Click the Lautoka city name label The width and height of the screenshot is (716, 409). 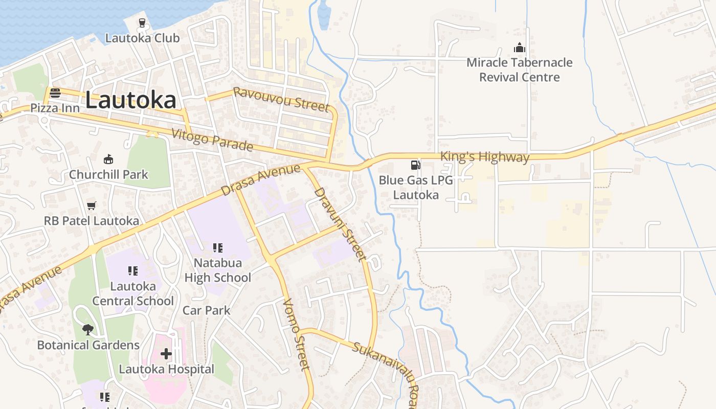point(130,100)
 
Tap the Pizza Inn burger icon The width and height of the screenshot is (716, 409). point(55,93)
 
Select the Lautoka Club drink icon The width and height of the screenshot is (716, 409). point(142,23)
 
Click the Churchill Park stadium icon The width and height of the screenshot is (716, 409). point(108,159)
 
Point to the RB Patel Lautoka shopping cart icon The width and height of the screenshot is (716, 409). point(92,206)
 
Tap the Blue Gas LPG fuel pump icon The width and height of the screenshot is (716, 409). point(416,165)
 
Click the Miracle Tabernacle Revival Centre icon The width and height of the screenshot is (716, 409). point(520,48)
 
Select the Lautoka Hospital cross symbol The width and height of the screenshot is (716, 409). point(166,353)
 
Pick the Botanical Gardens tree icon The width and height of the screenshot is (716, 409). point(88,329)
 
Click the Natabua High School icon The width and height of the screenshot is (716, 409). point(218,248)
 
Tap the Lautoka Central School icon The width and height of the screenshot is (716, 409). point(133,271)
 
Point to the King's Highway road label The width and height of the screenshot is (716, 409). point(484,156)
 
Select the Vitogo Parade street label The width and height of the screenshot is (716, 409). point(212,140)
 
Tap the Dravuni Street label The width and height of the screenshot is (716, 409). point(340,224)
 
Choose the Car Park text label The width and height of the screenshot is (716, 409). point(207,310)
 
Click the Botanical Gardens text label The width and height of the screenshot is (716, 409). point(88,345)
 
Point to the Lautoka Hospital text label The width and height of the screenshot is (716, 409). point(166,369)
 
